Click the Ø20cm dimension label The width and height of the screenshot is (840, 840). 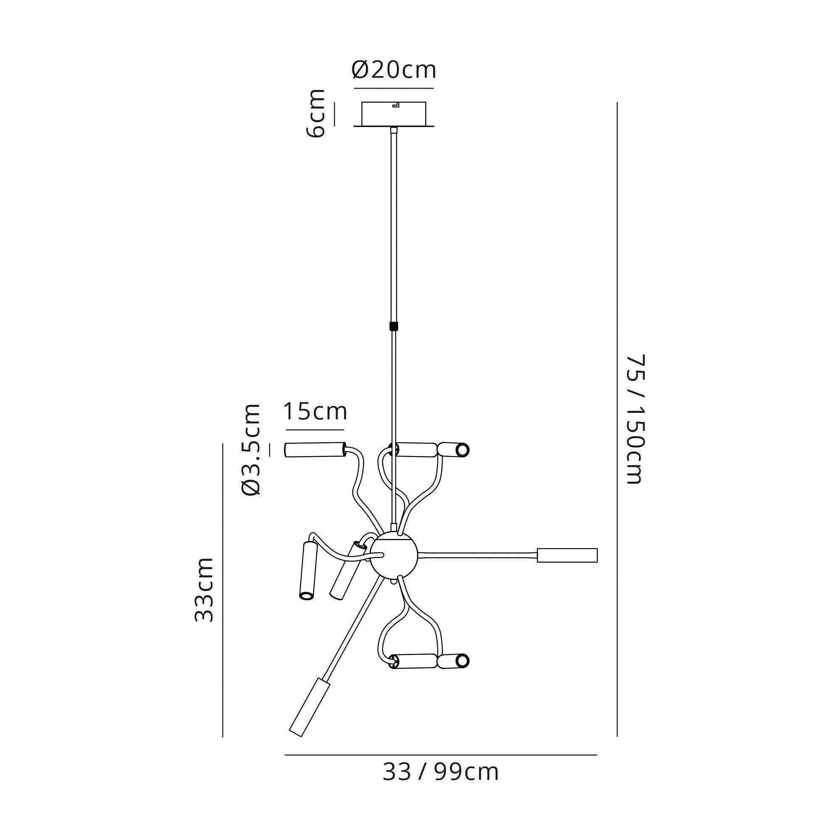tap(394, 70)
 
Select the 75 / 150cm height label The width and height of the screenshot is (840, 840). tap(635, 420)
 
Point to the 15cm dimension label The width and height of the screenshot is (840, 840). tap(315, 411)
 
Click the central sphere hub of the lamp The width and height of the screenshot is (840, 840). tap(394, 555)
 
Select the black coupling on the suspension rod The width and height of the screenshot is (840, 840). tap(394, 325)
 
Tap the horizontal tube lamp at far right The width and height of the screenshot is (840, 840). tap(567, 555)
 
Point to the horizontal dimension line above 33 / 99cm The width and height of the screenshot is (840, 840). tap(441, 755)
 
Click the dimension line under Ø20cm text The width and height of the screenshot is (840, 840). tap(394, 88)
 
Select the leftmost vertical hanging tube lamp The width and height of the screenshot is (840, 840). tap(308, 571)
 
